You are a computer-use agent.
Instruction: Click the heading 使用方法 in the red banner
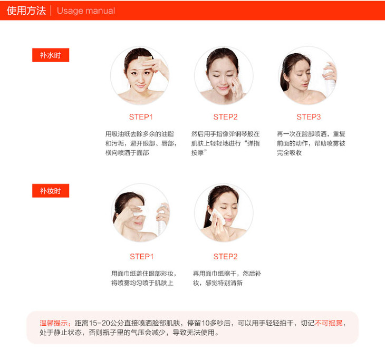click(26, 11)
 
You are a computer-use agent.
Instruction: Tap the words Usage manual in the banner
click(85, 11)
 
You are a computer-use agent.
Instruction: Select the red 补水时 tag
click(51, 55)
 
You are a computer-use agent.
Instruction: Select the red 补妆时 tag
click(51, 191)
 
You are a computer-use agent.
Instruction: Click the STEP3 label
click(309, 117)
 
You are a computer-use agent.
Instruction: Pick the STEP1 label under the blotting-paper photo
click(141, 117)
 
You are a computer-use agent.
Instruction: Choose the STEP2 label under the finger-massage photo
click(225, 117)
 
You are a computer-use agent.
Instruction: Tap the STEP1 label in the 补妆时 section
click(142, 257)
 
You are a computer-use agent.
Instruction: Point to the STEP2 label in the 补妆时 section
click(225, 257)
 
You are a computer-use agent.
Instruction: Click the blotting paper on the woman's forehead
click(145, 60)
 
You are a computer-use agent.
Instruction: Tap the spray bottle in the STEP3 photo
click(330, 79)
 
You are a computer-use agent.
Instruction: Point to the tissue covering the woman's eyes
click(140, 210)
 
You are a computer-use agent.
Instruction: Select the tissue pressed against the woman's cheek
click(217, 217)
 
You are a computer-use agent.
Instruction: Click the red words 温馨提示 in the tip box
click(54, 323)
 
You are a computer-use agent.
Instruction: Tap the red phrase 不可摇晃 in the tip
click(329, 323)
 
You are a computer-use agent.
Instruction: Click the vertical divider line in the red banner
click(51, 11)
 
